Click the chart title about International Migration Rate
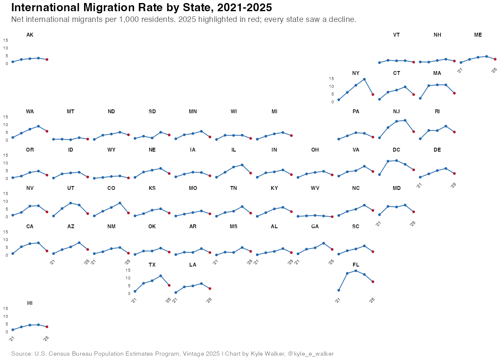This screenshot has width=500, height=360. point(141,7)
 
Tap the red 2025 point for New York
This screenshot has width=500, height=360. point(373,95)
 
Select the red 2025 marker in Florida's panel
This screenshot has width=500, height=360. point(373,282)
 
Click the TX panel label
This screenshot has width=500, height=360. point(152,265)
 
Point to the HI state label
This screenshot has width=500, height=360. point(30,303)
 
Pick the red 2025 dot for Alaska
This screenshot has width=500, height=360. point(47,59)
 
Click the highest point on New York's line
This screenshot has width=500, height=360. point(364,79)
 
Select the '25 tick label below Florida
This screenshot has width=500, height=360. point(372,300)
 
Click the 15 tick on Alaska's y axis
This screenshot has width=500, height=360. point(6,40)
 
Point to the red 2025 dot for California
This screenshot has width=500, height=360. point(47,251)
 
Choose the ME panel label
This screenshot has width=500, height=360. point(478,35)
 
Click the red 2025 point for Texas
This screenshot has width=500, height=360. point(169,286)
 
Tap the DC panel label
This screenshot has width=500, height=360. point(397,150)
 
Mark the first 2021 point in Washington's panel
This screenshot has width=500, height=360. point(12,138)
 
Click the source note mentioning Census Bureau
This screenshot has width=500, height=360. point(172,354)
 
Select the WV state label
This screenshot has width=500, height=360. point(315,188)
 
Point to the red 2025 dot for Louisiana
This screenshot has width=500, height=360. point(210,289)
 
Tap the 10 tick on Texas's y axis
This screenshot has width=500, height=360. point(128,278)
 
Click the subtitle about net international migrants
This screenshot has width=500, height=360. point(184,19)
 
